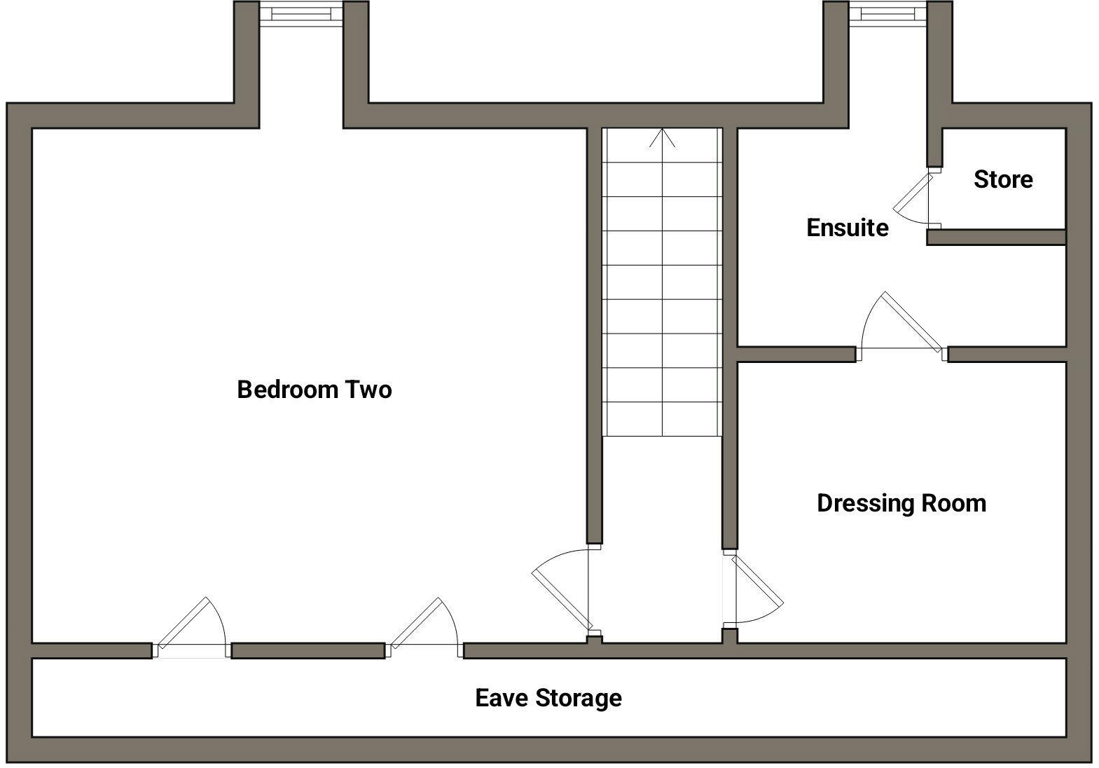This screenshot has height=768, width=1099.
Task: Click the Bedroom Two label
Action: (x=315, y=390)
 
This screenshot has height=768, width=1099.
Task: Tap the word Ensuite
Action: (x=848, y=228)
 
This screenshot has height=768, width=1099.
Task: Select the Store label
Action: (x=1003, y=179)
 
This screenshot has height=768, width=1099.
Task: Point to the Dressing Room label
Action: (x=901, y=504)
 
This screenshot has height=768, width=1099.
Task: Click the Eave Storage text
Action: (x=548, y=698)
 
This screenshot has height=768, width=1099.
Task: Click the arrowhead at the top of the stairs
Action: (x=663, y=137)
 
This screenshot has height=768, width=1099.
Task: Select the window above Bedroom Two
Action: (x=301, y=13)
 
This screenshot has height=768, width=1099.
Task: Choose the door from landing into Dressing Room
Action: (x=752, y=589)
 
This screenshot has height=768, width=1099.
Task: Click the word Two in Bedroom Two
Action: (x=368, y=390)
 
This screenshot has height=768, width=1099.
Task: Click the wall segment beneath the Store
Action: (x=997, y=237)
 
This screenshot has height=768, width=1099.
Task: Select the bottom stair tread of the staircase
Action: (x=663, y=419)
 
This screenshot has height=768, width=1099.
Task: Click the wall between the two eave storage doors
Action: (x=308, y=651)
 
